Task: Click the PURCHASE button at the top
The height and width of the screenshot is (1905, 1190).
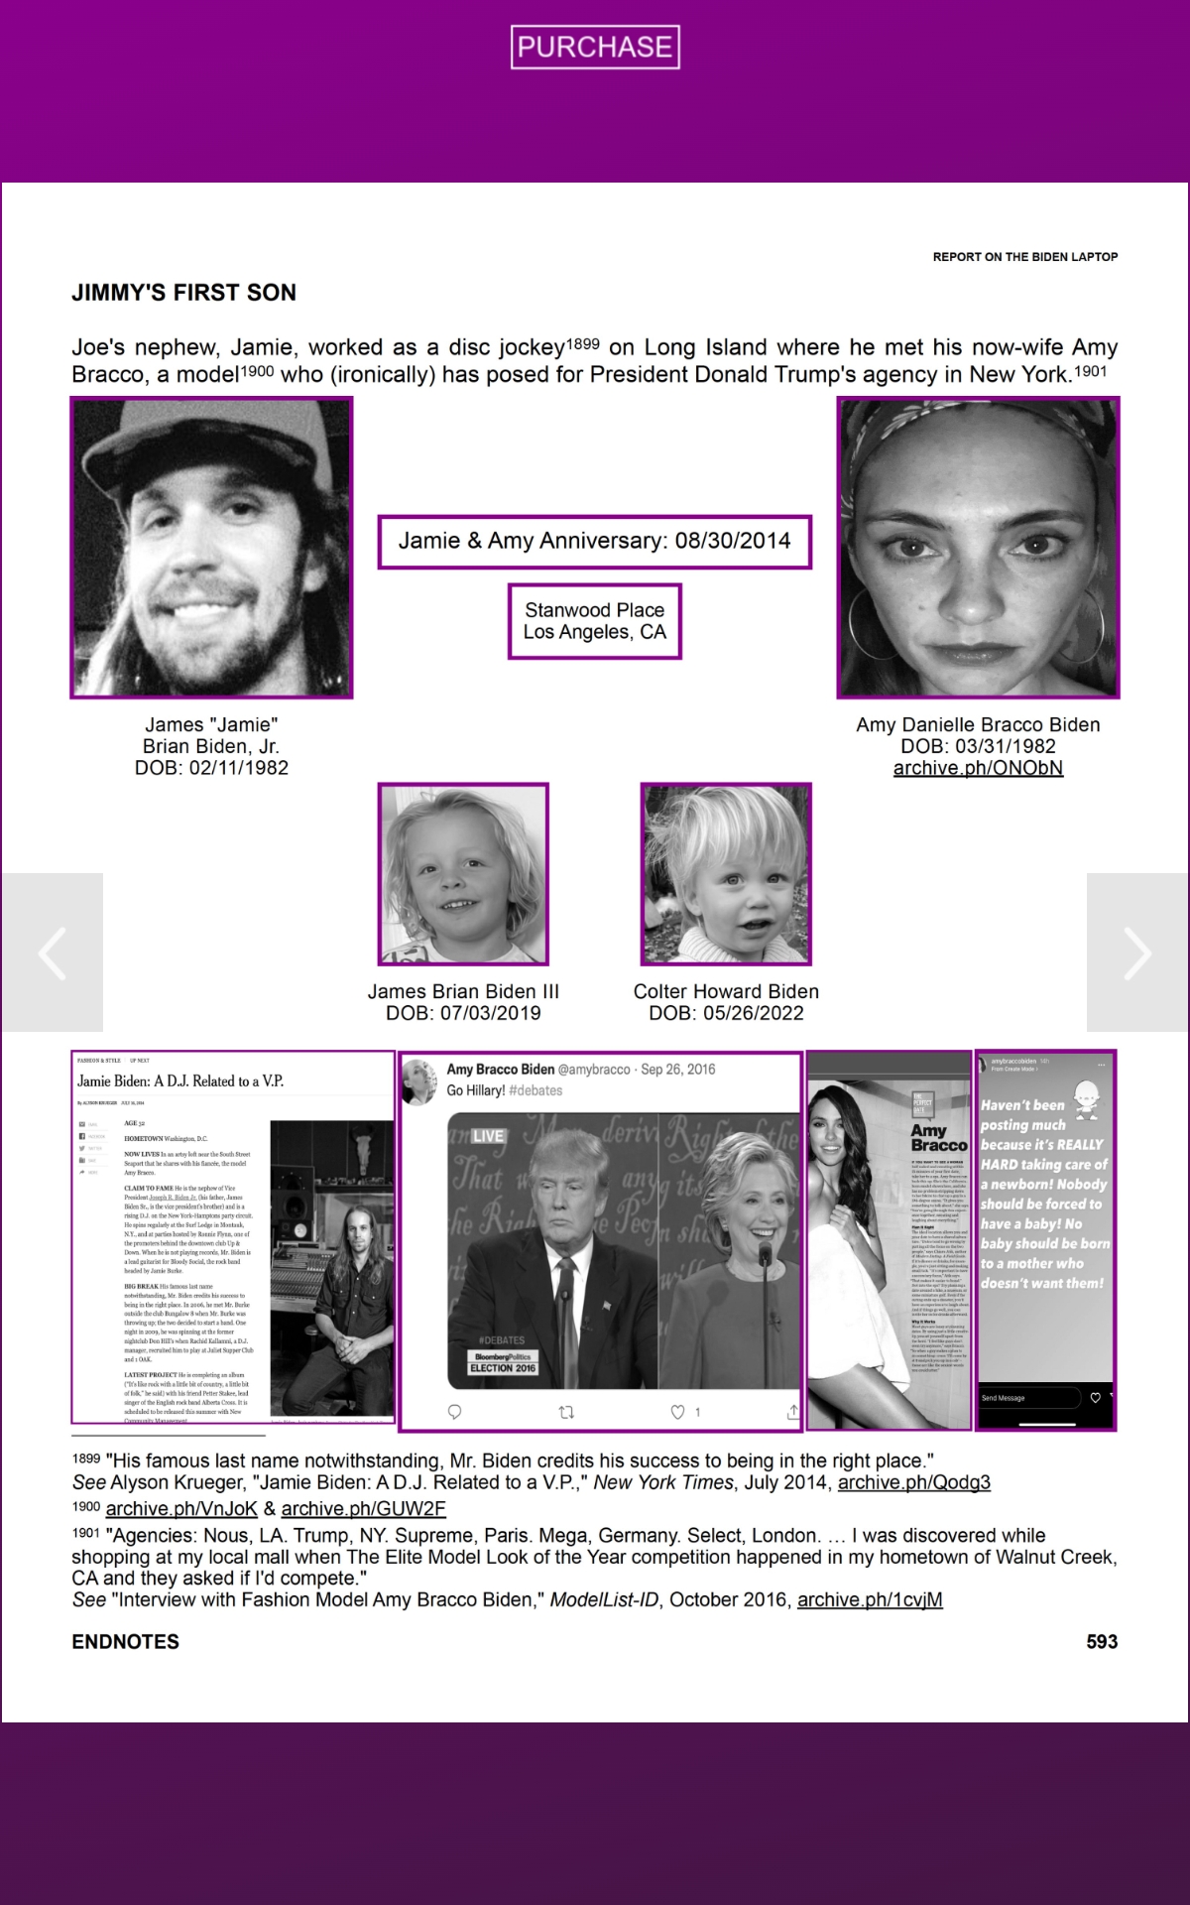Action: pos(595,47)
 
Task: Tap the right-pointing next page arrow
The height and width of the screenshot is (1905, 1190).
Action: pos(1137,952)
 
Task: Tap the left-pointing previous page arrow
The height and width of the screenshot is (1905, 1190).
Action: pos(52,952)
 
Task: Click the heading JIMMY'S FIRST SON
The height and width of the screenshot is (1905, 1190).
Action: pos(183,293)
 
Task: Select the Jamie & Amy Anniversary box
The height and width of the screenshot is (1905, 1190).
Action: pos(594,541)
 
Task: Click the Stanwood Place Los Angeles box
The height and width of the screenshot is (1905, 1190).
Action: pos(594,621)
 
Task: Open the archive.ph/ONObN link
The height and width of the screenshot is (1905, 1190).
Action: pos(978,768)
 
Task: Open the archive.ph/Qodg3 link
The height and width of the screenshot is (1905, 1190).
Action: pos(913,1482)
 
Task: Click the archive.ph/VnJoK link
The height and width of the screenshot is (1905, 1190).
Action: pos(181,1508)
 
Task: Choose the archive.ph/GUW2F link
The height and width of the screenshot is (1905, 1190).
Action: pos(363,1508)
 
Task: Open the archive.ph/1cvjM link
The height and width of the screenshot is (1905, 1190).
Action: pos(870,1599)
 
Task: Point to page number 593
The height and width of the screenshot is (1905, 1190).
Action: pos(1101,1641)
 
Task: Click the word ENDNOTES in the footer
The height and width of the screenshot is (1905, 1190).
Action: pos(125,1641)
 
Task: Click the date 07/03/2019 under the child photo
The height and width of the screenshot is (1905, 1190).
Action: pos(492,1013)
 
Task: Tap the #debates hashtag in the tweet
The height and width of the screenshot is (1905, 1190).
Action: pos(535,1090)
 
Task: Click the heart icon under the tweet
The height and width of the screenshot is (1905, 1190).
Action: pos(678,1411)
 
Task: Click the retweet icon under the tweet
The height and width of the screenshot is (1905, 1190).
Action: pos(566,1411)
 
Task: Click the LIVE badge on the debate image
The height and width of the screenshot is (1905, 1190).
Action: pos(487,1136)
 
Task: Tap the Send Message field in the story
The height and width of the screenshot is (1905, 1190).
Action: pos(1027,1398)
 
